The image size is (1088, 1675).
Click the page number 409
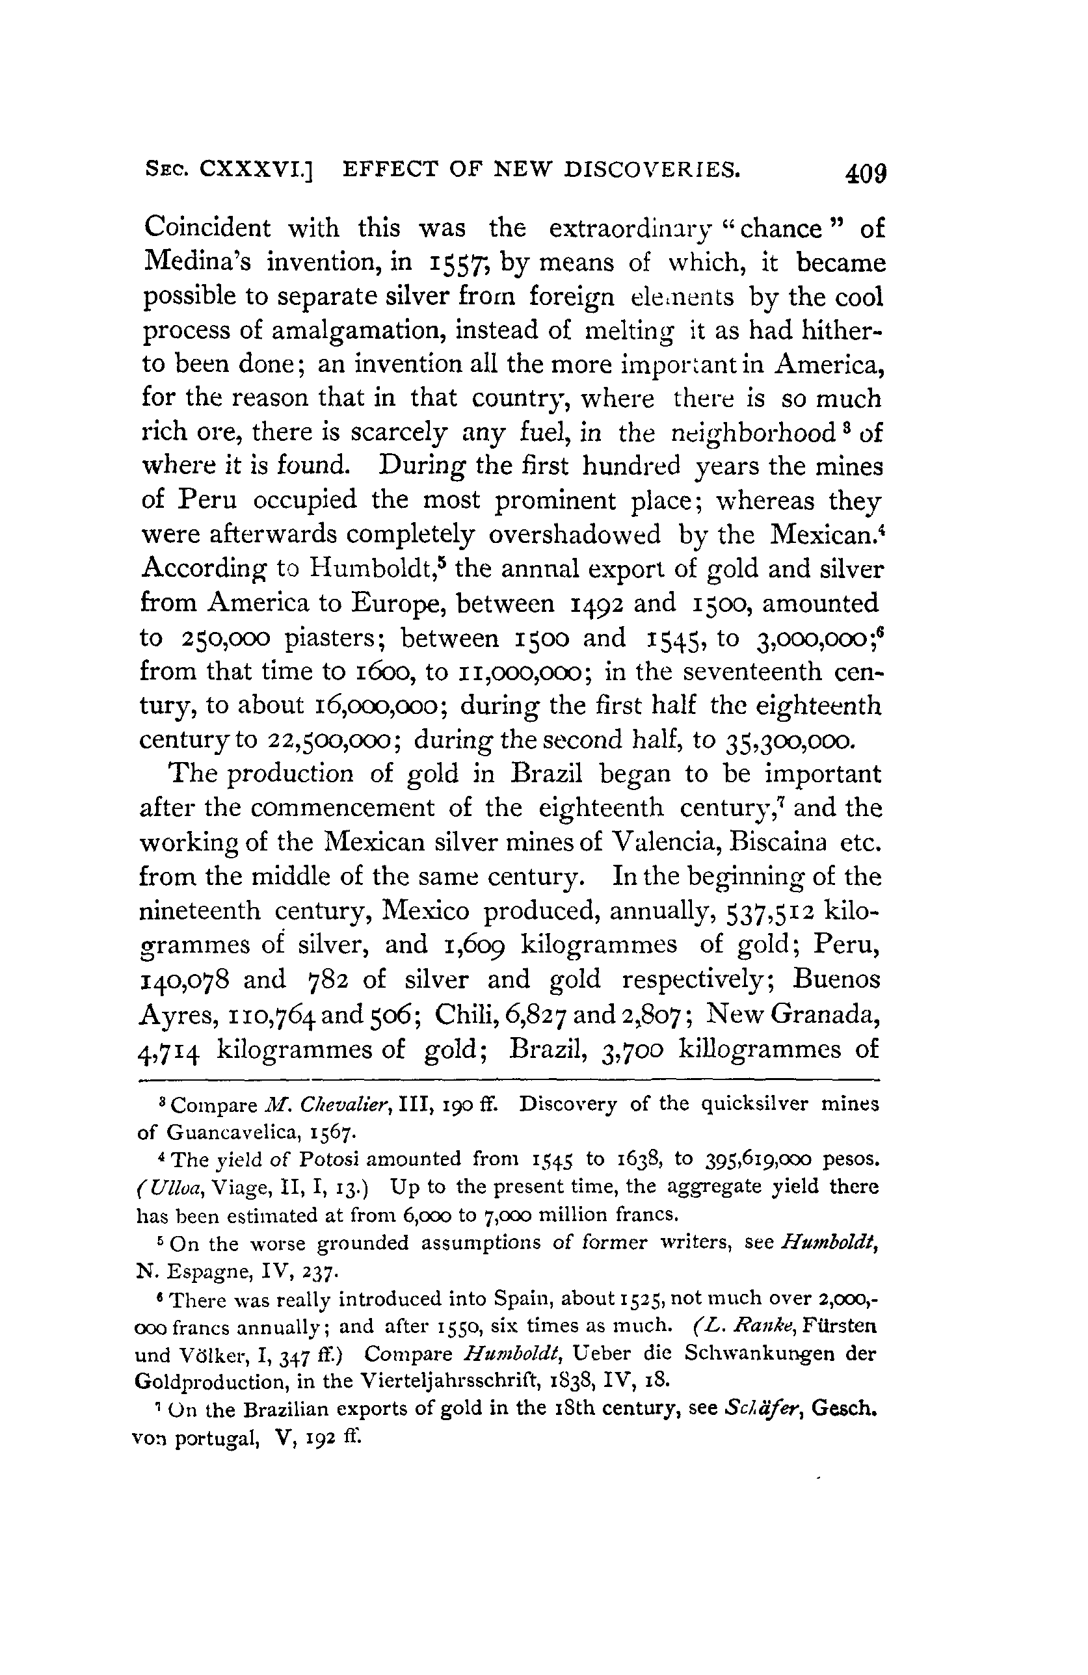click(x=866, y=173)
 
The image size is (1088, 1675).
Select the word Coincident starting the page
click(x=207, y=228)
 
